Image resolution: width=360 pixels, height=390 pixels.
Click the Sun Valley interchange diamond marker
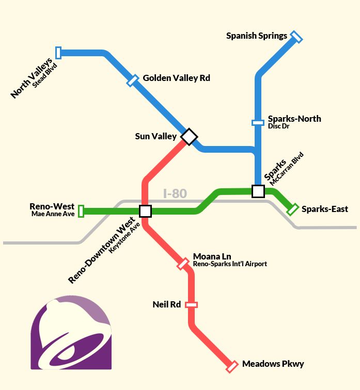pyautogui.click(x=189, y=137)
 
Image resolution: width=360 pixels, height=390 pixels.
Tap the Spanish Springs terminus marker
pyautogui.click(x=296, y=37)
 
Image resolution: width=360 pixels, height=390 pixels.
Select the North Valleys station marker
pyautogui.click(x=58, y=52)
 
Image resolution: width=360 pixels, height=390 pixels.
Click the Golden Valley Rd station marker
pyautogui.click(x=133, y=80)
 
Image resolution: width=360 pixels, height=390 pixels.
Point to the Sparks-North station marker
pyautogui.click(x=258, y=123)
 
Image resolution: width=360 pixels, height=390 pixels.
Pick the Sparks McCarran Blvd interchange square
pyautogui.click(x=258, y=191)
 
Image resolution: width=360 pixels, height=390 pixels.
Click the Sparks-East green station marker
pyautogui.click(x=292, y=209)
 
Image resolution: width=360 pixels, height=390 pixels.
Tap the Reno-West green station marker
pyautogui.click(x=81, y=212)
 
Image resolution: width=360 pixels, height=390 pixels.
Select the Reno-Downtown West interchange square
pyautogui.click(x=145, y=211)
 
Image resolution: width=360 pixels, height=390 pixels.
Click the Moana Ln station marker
pyautogui.click(x=183, y=264)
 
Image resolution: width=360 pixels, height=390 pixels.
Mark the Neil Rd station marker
pyautogui.click(x=192, y=305)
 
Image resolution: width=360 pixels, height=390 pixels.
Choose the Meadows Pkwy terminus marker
pyautogui.click(x=232, y=366)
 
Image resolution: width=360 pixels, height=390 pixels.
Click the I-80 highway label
pyautogui.click(x=175, y=194)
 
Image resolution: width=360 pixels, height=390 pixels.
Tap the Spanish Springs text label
pyautogui.click(x=257, y=36)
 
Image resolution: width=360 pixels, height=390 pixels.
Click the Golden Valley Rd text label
pyautogui.click(x=176, y=78)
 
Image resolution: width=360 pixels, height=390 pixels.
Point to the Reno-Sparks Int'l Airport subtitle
pyautogui.click(x=230, y=264)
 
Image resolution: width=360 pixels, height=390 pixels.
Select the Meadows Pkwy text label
pyautogui.click(x=273, y=364)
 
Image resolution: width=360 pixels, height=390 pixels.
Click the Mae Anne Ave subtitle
pyautogui.click(x=53, y=214)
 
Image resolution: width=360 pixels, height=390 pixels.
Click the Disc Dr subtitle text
pyautogui.click(x=279, y=126)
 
